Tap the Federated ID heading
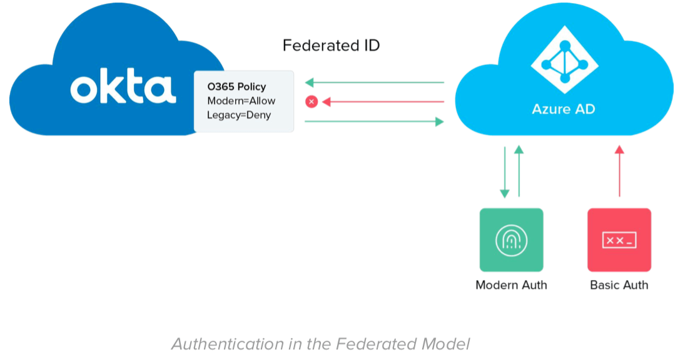[x=331, y=46]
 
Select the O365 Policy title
[x=236, y=86]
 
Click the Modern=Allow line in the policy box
[x=241, y=101]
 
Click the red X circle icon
[x=311, y=101]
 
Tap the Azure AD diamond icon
[x=564, y=60]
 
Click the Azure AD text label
[x=563, y=109]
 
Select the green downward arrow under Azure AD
[x=504, y=172]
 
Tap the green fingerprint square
[x=511, y=239]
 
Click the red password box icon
[x=619, y=239]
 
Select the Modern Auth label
[x=511, y=285]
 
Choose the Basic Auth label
[x=619, y=285]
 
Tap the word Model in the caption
[x=447, y=344]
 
